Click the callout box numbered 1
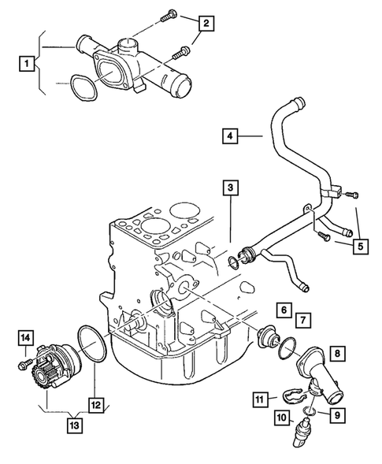coord(28,62)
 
